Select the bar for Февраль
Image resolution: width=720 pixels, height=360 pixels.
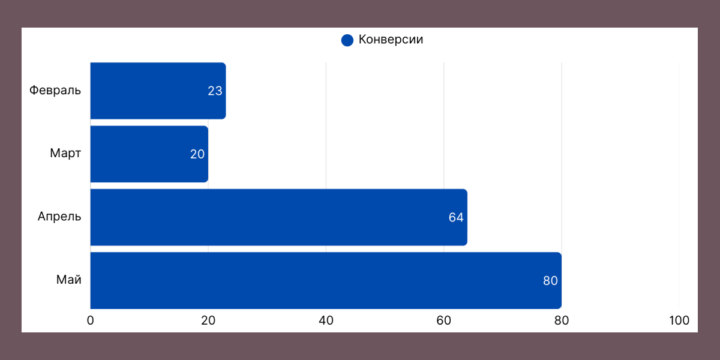pyautogui.click(x=158, y=91)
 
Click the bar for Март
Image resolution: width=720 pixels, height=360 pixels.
pyautogui.click(x=149, y=154)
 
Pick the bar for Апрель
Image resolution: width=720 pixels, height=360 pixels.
pyautogui.click(x=278, y=217)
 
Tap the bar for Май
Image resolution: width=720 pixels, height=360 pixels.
pyautogui.click(x=326, y=280)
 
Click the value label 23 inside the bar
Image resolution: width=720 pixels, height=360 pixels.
pyautogui.click(x=215, y=91)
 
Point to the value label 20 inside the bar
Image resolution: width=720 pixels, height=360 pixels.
pyautogui.click(x=197, y=154)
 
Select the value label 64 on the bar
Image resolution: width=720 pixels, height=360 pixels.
pyautogui.click(x=456, y=217)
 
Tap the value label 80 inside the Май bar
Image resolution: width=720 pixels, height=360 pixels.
pyautogui.click(x=550, y=281)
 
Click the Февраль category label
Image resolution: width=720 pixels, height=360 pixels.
pyautogui.click(x=55, y=91)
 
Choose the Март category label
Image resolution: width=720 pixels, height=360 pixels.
pyautogui.click(x=65, y=154)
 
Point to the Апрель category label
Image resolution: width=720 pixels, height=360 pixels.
pyautogui.click(x=59, y=217)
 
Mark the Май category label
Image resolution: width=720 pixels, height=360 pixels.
pyautogui.click(x=69, y=280)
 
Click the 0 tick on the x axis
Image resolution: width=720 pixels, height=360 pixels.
pyautogui.click(x=91, y=320)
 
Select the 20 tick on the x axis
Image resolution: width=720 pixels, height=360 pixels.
pyautogui.click(x=208, y=320)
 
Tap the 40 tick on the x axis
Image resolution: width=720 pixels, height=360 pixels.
pyautogui.click(x=326, y=320)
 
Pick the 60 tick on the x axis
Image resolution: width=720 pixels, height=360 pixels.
pyautogui.click(x=444, y=320)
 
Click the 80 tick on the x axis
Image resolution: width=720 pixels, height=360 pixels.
pyautogui.click(x=562, y=320)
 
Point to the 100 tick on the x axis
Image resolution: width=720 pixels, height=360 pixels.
pyautogui.click(x=679, y=320)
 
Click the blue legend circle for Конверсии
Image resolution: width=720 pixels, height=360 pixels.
pyautogui.click(x=347, y=40)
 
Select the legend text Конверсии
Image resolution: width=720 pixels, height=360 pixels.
pyautogui.click(x=391, y=40)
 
